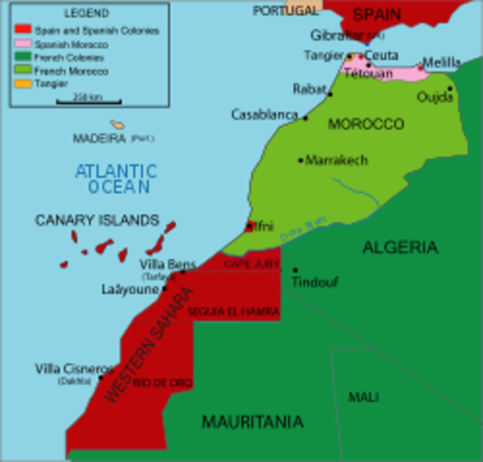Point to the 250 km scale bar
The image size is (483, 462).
click(x=88, y=100)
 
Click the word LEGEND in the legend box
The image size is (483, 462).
click(x=86, y=13)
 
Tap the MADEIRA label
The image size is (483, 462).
click(x=100, y=139)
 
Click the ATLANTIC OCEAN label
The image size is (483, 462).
click(x=113, y=179)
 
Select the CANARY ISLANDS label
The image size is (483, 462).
click(x=96, y=220)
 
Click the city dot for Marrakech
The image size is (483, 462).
click(x=300, y=160)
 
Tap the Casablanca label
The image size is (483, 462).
click(x=265, y=115)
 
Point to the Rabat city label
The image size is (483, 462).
click(x=309, y=89)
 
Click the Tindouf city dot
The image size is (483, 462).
click(x=294, y=270)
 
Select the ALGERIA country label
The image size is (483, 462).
click(x=399, y=247)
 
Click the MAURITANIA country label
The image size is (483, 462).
click(x=252, y=422)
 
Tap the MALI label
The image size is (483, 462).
click(x=364, y=397)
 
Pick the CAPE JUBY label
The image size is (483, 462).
click(x=249, y=262)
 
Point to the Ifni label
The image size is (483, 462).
click(x=264, y=226)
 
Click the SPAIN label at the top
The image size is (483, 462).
click(x=377, y=13)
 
